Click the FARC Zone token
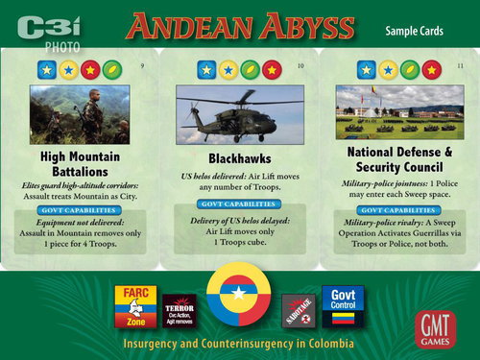(133, 306)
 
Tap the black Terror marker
(180, 310)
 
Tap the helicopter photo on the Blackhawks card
(240, 114)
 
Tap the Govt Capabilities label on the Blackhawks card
(240, 203)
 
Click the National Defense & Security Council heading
(398, 161)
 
